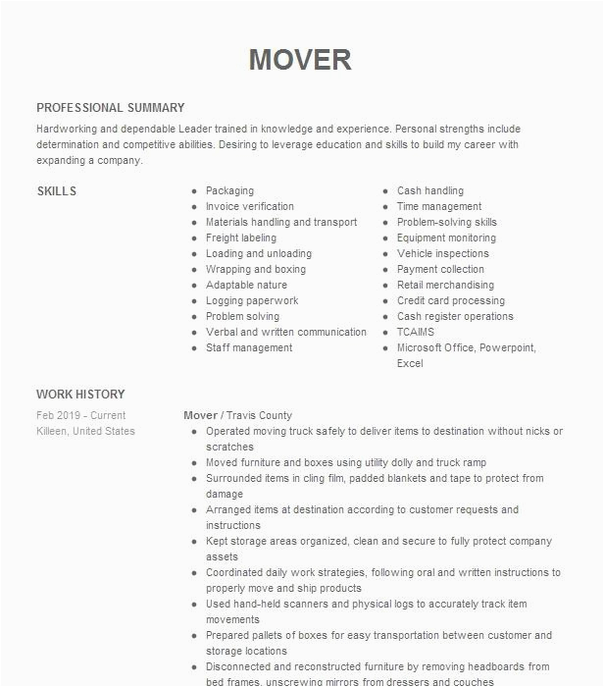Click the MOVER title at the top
300,60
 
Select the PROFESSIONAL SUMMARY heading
110,108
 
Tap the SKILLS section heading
56,191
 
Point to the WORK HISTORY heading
80,395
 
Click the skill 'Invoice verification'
249,207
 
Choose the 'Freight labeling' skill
240,238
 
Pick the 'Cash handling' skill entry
429,191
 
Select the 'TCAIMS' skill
415,333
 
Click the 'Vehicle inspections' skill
442,254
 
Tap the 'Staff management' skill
249,348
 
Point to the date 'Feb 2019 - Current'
81,416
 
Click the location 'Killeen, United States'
85,432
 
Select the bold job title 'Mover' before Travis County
200,416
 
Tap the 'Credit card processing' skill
450,301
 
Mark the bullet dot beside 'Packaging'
194,191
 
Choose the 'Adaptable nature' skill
246,286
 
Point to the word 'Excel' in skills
410,364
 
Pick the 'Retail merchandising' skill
445,286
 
